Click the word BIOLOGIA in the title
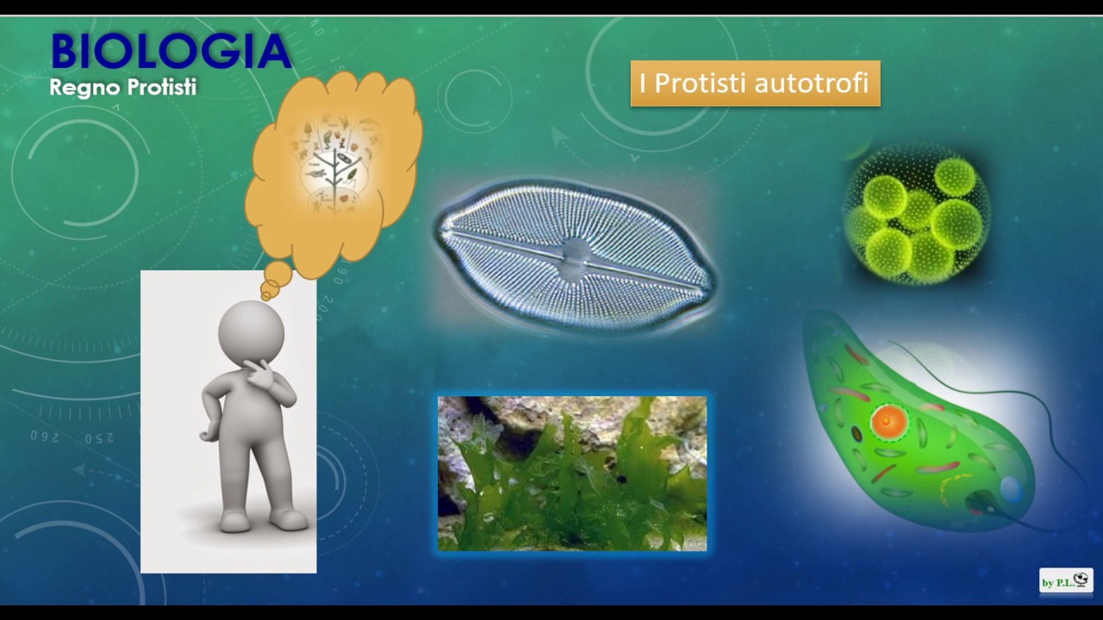click(x=170, y=52)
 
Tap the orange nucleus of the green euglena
click(x=888, y=422)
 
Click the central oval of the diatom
click(x=575, y=256)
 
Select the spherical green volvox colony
click(x=916, y=215)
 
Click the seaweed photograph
click(x=572, y=474)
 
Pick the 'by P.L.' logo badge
click(x=1066, y=581)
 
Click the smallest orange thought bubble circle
click(x=266, y=295)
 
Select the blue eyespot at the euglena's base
click(x=1011, y=491)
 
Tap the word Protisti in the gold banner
click(x=700, y=84)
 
